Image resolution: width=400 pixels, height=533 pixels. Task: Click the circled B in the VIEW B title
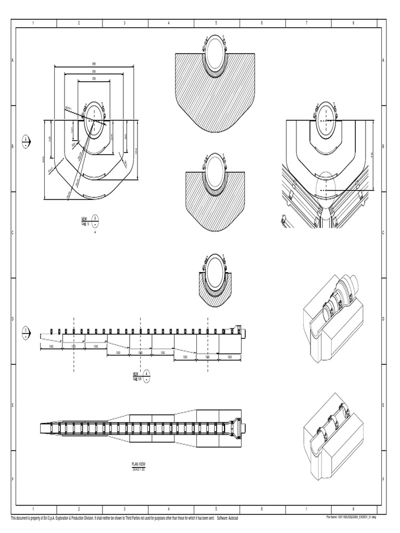tap(95, 219)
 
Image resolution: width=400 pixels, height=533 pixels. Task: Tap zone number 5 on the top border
tap(216, 23)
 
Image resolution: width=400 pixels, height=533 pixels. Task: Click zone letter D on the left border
tap(12, 319)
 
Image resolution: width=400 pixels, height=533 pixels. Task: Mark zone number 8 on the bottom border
tap(353, 509)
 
